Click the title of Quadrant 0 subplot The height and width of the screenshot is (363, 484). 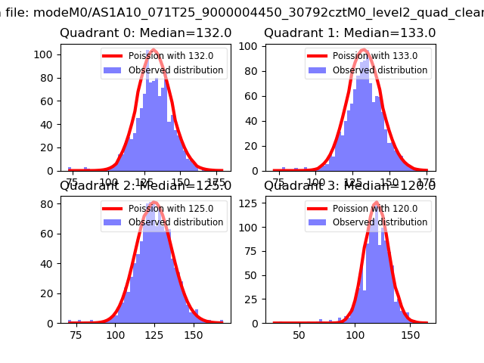pyautogui.click(x=145, y=33)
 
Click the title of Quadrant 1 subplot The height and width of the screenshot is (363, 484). pyautogui.click(x=349, y=33)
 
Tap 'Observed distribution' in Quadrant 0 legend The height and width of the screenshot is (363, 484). pyautogui.click(x=175, y=70)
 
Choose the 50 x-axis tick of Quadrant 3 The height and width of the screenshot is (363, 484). pyautogui.click(x=299, y=334)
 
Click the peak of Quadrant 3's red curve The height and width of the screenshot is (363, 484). pyautogui.click(x=375, y=203)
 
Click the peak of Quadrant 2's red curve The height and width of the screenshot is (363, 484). pyautogui.click(x=154, y=203)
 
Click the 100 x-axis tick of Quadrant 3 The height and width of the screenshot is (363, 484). pyautogui.click(x=355, y=334)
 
